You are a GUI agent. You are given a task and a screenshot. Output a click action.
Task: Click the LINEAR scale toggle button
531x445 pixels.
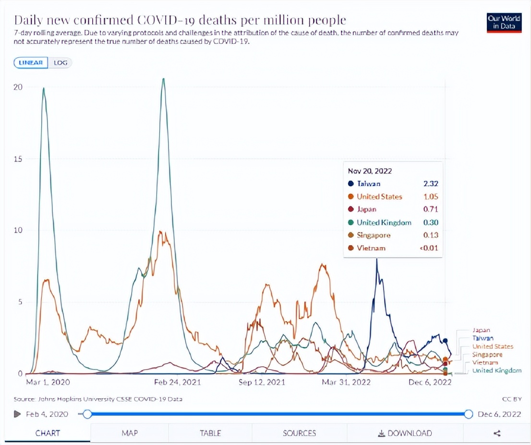click(x=31, y=63)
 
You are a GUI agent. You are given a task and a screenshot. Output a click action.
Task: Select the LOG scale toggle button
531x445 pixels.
click(x=60, y=63)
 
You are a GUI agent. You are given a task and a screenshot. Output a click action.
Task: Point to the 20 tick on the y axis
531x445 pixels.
click(x=19, y=87)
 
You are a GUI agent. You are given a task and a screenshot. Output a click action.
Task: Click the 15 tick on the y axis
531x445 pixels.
click(x=19, y=159)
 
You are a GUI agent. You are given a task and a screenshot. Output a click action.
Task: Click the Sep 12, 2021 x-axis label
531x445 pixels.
click(x=262, y=383)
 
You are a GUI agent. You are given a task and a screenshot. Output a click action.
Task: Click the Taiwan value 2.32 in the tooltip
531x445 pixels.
click(x=431, y=184)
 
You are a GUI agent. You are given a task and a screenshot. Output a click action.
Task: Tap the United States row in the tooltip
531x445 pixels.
click(x=379, y=197)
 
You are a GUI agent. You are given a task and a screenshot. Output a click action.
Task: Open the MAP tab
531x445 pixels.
click(x=130, y=433)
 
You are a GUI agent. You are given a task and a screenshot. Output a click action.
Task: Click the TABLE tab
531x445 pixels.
click(x=210, y=433)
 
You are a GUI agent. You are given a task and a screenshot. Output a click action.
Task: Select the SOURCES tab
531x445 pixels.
click(x=300, y=433)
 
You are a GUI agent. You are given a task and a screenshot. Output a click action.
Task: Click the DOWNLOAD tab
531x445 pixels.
click(x=405, y=433)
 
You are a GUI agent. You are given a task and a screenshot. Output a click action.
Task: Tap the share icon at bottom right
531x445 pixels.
click(x=497, y=433)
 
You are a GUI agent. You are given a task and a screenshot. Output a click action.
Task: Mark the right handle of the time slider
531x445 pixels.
click(x=469, y=414)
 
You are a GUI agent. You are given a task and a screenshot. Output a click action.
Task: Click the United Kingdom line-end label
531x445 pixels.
click(x=496, y=371)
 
